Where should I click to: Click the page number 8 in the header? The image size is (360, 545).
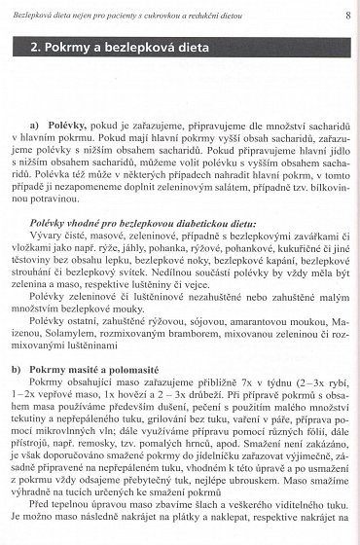[x=347, y=17]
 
